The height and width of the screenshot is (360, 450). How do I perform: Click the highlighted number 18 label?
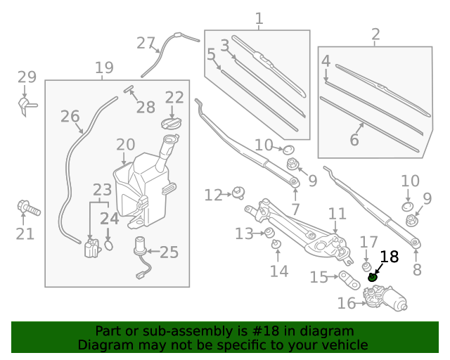389,257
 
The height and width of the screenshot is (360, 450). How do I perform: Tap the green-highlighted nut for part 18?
373,277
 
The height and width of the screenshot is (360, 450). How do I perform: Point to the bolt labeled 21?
27,208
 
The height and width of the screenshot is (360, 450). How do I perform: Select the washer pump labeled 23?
91,248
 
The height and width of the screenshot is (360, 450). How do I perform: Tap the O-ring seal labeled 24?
109,244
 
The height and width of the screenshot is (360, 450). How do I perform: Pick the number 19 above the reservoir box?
104,68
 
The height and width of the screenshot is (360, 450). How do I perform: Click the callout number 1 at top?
259,18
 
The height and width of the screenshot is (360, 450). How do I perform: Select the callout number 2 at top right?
375,34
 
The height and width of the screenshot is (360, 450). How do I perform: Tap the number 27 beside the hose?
146,44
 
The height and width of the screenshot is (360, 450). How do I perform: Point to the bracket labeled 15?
347,278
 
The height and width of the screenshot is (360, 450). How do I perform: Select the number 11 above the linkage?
337,213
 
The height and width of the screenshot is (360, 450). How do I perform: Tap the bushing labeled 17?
366,268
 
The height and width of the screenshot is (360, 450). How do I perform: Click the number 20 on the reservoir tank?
126,145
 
